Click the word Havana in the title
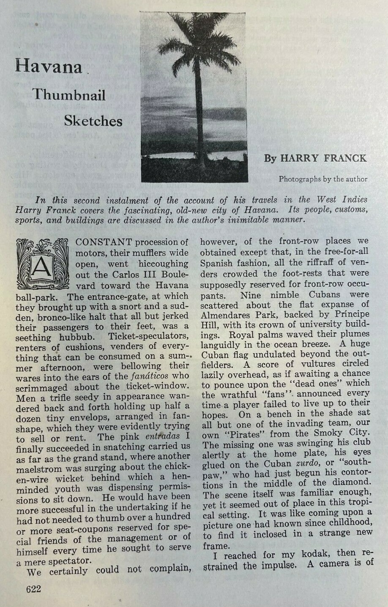click(49, 67)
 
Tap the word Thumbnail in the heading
click(69, 95)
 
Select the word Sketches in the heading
click(93, 121)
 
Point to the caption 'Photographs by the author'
click(323, 179)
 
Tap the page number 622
click(33, 588)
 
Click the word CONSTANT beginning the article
click(104, 242)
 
